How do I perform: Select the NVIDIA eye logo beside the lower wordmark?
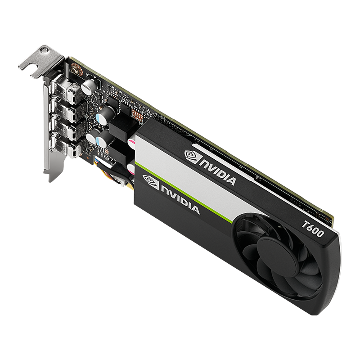[149, 182]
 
